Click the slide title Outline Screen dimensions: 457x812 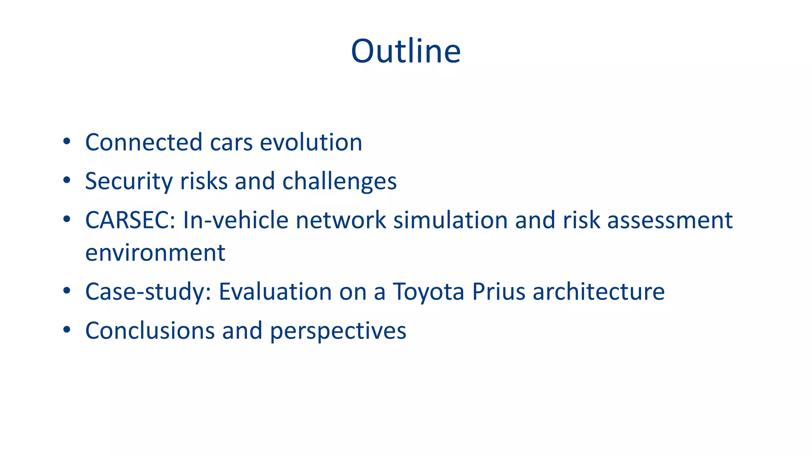click(x=406, y=51)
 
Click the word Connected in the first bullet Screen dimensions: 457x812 click(x=144, y=142)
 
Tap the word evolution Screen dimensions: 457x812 click(x=311, y=142)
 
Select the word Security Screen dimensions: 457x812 click(x=129, y=181)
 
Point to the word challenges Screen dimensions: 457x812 click(x=339, y=181)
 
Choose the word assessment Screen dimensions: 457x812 click(x=670, y=220)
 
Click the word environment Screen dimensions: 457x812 click(x=155, y=253)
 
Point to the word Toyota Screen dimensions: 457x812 click(x=428, y=292)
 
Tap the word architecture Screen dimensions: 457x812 click(x=598, y=292)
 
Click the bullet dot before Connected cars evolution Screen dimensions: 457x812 click(x=67, y=141)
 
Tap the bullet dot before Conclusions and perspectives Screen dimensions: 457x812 click(x=67, y=330)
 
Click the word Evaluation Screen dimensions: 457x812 click(x=275, y=292)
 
